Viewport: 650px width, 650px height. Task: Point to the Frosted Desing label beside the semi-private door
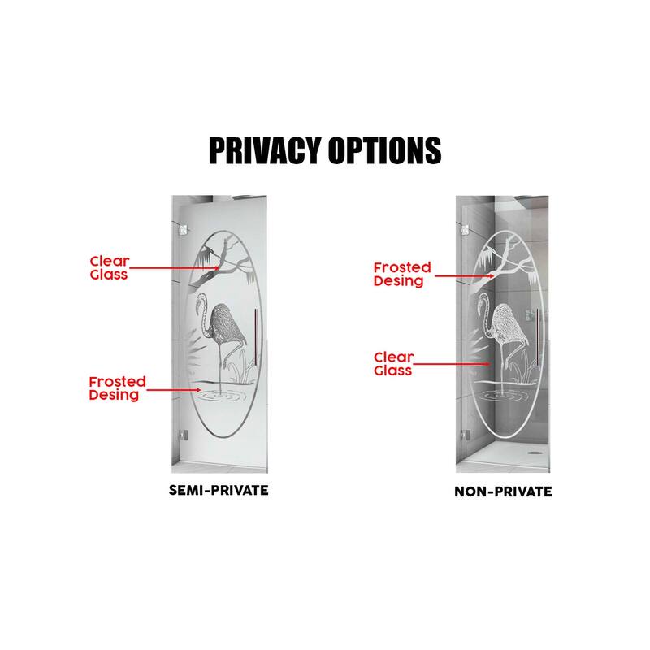[118, 388]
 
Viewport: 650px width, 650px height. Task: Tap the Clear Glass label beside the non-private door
[393, 363]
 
